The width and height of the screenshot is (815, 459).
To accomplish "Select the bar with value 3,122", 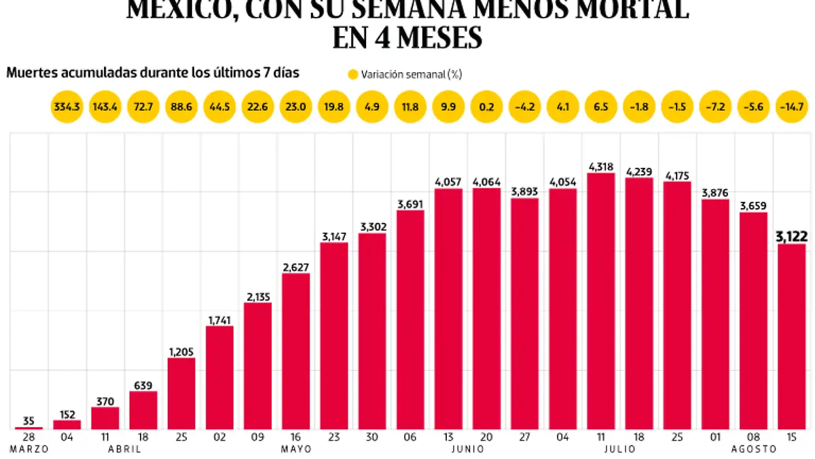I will coord(791,337).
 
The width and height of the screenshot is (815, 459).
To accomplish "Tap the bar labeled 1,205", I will coord(181,393).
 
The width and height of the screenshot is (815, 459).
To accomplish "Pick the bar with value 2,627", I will coord(296,351).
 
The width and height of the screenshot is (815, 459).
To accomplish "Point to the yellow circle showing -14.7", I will coord(791,107).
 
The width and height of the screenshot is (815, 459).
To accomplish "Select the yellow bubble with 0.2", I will coord(486,107).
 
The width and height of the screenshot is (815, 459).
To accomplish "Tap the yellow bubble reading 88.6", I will coord(181,107).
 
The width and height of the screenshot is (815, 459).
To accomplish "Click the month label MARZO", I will coord(29,449).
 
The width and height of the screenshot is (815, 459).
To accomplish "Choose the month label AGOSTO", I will coord(753,449).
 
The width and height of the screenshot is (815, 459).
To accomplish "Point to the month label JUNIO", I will coord(467,449).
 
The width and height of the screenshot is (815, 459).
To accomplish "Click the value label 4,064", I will coord(486,182).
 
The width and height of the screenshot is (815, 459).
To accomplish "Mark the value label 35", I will coord(29,421).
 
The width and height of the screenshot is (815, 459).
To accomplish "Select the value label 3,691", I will coord(410,203).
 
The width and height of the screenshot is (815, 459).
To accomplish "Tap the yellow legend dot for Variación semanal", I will coord(352,74).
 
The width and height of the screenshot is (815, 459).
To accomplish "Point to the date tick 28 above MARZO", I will coord(29,437).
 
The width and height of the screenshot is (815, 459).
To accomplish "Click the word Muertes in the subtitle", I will coord(31,73).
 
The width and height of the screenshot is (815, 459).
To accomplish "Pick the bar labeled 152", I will coord(67,424).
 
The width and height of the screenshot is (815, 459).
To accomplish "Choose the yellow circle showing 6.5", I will coord(600,107).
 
